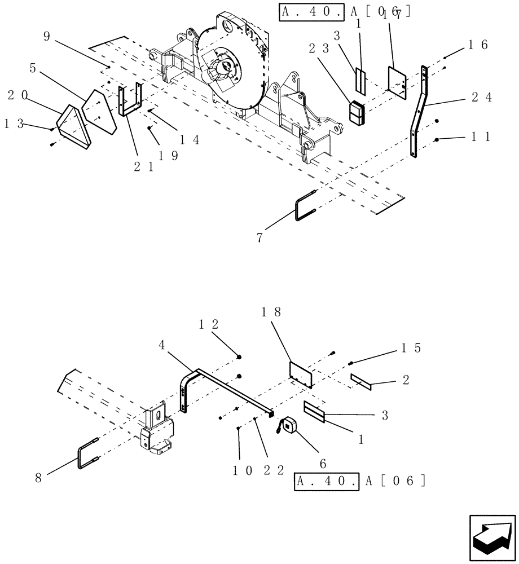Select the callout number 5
33,69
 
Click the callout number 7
259,237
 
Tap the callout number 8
38,477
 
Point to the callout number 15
410,348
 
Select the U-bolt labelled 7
306,206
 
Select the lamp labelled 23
357,112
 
